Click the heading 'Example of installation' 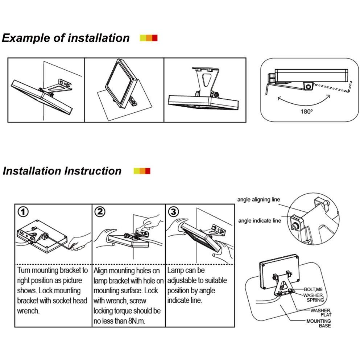(x=66, y=38)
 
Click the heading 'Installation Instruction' (x=62, y=171)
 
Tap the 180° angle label (x=306, y=112)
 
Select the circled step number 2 (x=99, y=212)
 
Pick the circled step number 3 (x=174, y=212)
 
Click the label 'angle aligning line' (x=258, y=199)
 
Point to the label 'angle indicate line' (x=259, y=220)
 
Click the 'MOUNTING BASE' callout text (x=319, y=323)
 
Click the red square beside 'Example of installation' (x=155, y=38)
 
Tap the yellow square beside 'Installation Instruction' (x=136, y=171)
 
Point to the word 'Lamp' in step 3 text (x=175, y=270)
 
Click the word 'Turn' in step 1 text (x=25, y=270)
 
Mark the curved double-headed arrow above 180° (x=303, y=99)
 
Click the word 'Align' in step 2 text (x=102, y=270)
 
